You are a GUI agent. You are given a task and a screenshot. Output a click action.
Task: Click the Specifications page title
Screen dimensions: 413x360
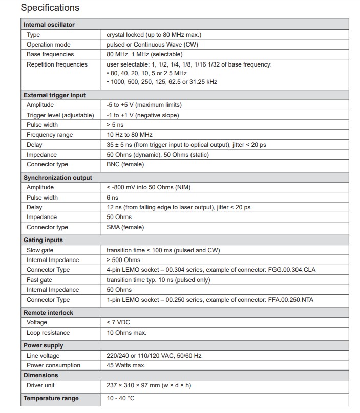pyautogui.click(x=50, y=8)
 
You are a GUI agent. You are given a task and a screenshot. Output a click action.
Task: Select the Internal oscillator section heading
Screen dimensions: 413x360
pyautogui.click(x=49, y=25)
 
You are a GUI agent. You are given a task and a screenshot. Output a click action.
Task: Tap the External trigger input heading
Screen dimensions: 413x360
pyautogui.click(x=54, y=95)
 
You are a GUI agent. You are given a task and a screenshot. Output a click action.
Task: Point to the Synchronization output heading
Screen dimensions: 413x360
pyautogui.click(x=58, y=178)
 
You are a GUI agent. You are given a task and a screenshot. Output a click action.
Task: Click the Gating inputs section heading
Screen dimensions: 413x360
pyautogui.click(x=43, y=240)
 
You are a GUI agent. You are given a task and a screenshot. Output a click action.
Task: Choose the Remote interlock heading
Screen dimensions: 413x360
pyautogui.click(x=48, y=313)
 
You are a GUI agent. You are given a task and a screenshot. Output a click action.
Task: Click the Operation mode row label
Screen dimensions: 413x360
pyautogui.click(x=48, y=45)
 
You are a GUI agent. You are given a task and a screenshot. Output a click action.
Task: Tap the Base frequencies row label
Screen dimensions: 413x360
pyautogui.click(x=50, y=54)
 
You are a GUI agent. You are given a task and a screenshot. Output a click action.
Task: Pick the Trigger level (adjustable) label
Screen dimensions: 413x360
pyautogui.click(x=60, y=115)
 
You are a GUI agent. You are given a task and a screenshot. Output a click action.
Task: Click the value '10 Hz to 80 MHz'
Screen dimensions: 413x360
pyautogui.click(x=130, y=135)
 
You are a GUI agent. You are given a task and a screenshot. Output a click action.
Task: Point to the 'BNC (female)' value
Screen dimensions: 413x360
pyautogui.click(x=125, y=164)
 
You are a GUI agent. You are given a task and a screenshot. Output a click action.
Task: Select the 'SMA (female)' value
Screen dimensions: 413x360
pyautogui.click(x=125, y=227)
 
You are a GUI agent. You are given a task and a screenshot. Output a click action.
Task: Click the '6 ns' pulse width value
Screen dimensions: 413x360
pyautogui.click(x=112, y=198)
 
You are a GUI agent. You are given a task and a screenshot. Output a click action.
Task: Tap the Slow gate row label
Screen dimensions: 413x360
pyautogui.click(x=40, y=250)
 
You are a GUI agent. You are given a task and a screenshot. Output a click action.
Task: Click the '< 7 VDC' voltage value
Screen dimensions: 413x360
pyautogui.click(x=119, y=322)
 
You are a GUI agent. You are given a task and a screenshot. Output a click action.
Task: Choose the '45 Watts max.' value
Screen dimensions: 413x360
pyautogui.click(x=126, y=365)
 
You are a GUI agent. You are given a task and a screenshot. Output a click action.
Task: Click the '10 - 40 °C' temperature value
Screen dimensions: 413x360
pyautogui.click(x=121, y=398)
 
